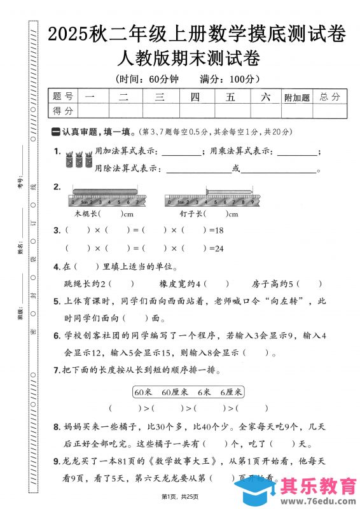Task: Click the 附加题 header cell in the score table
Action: pos(297,97)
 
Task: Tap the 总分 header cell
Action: pos(330,97)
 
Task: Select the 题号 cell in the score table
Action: pos(63,97)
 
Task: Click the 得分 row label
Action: pos(63,111)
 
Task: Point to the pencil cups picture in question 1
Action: pos(75,160)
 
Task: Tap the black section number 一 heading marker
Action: pos(55,132)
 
